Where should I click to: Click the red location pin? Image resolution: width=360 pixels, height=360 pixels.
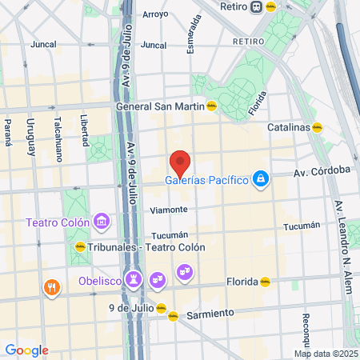(180, 162)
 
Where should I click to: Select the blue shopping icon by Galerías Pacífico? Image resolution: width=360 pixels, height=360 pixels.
(259, 179)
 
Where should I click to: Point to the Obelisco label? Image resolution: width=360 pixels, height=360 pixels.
(100, 281)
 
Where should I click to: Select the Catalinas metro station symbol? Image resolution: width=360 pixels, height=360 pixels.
(318, 127)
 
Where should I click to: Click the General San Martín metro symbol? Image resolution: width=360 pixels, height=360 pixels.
(211, 106)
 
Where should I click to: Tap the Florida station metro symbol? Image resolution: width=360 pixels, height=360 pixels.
(266, 282)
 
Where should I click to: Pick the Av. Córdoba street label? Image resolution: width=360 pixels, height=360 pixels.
(322, 170)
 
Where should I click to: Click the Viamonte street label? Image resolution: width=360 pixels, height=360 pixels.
(169, 210)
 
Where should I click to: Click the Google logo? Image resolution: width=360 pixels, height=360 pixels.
(26, 350)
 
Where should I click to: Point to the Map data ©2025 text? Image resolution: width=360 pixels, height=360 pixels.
(325, 354)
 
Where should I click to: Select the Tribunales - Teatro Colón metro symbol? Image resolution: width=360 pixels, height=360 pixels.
(80, 247)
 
